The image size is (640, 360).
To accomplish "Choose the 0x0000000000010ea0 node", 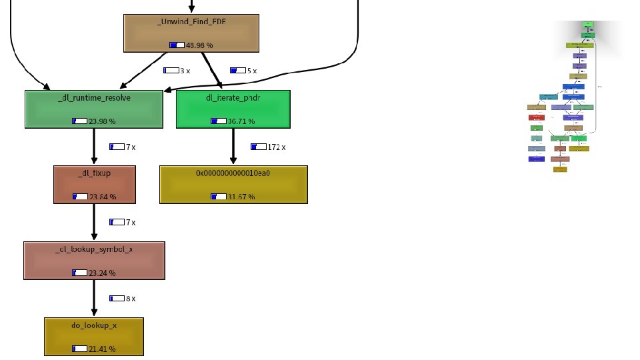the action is [233, 184].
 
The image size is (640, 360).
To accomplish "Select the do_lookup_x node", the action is [94, 336].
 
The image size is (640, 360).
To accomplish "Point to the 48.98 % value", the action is [199, 45].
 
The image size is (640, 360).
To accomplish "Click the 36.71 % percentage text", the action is [241, 121].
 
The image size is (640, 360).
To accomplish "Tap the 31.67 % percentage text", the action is [241, 197].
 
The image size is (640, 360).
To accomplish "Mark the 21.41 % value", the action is [102, 349].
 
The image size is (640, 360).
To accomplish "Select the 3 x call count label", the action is [185, 70].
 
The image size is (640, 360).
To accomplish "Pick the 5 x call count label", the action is [251, 70].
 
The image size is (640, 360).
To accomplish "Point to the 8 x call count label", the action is [131, 299].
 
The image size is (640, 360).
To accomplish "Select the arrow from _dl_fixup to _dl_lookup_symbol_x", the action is [94, 223].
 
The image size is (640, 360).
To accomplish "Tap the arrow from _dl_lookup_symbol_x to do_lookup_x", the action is [94, 299].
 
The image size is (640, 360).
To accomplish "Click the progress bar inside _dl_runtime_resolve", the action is [79, 121].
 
